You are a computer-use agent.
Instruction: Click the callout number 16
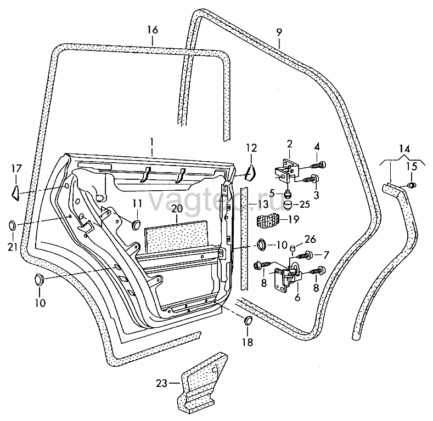click(x=153, y=30)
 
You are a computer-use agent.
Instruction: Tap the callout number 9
click(x=279, y=32)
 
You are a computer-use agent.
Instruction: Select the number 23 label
click(x=162, y=383)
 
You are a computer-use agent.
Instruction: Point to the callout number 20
click(x=177, y=208)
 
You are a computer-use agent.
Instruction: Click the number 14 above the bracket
click(x=404, y=149)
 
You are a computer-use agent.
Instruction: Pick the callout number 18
click(x=248, y=343)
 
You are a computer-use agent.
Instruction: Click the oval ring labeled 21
click(x=13, y=225)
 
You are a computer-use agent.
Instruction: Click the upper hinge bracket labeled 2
click(x=285, y=170)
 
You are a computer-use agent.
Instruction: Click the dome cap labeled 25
click(x=288, y=205)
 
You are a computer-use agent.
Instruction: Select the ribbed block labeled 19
click(x=268, y=221)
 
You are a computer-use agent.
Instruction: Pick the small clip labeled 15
click(x=412, y=185)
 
